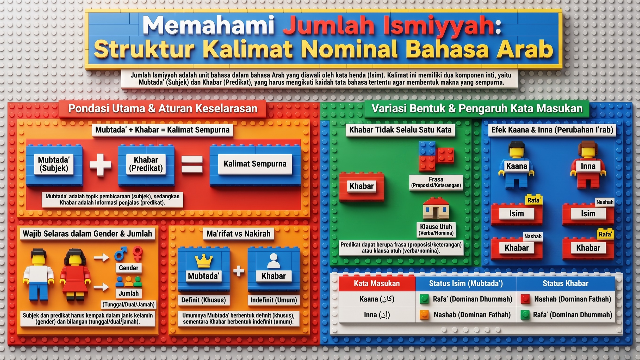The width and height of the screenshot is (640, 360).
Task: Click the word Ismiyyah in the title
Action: click(439, 26)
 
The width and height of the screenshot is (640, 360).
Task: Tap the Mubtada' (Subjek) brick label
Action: click(54, 164)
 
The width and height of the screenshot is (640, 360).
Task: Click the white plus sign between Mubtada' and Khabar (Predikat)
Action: click(100, 164)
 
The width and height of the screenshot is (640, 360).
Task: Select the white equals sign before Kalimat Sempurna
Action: click(192, 164)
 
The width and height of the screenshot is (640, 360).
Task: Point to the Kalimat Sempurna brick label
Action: click(255, 164)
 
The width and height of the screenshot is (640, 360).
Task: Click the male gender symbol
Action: click(121, 254)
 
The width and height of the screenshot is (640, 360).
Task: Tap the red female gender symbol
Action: click(137, 253)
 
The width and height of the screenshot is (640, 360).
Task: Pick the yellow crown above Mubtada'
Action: click(204, 261)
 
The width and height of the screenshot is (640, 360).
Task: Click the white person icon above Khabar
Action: click(274, 261)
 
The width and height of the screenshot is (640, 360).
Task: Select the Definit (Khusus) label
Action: click(203, 300)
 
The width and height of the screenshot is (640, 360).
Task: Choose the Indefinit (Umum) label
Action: click(274, 300)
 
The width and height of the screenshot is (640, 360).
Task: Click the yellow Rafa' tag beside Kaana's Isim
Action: click(534, 200)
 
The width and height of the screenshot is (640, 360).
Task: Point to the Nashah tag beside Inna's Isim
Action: click(605, 202)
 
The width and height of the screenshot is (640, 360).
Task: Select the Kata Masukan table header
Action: click(377, 283)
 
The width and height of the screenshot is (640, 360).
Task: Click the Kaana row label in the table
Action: click(377, 299)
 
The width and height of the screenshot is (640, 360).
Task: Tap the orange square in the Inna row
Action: click(424, 315)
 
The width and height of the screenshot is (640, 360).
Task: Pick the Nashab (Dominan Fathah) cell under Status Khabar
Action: click(572, 299)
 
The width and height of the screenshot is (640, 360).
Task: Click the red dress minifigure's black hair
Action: click(75, 257)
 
